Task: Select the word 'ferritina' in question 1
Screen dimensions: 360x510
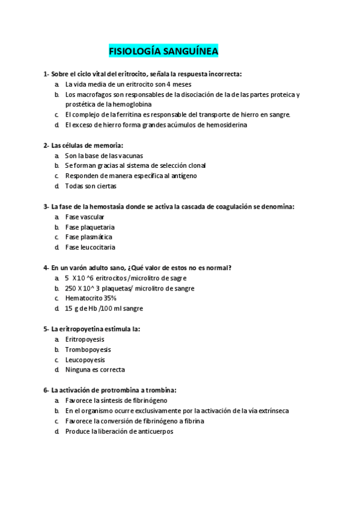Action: coord(138,114)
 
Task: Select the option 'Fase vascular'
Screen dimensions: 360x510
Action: coord(85,217)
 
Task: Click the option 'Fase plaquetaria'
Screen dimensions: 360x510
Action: coord(90,227)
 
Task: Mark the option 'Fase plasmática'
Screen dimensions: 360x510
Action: coord(88,237)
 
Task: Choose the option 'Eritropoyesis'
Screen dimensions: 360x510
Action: coord(85,339)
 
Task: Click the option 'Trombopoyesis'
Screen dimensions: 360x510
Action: coord(88,349)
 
